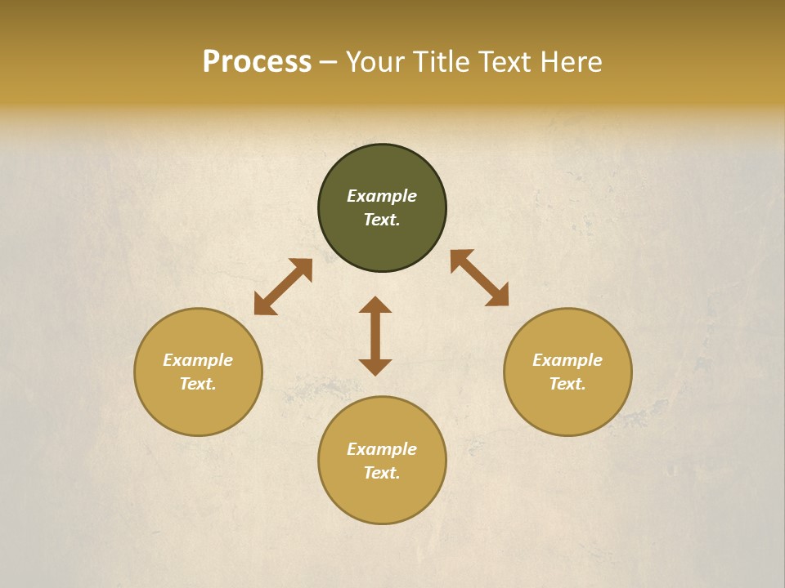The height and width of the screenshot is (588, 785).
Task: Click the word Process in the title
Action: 257,62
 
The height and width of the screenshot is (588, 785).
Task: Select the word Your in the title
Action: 375,62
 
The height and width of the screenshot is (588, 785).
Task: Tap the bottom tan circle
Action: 382,498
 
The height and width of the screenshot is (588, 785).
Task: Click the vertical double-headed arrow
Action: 375,336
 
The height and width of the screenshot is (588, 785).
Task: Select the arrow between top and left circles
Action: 283,287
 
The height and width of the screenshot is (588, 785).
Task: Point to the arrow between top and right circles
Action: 479,278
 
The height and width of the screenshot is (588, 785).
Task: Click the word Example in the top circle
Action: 382,196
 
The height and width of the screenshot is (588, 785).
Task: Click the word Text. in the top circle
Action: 382,220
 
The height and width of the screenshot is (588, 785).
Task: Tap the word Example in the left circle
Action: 198,360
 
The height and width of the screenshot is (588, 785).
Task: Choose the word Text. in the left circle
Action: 198,384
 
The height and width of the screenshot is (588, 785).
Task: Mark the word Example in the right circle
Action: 567,360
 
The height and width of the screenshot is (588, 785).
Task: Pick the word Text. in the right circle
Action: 567,384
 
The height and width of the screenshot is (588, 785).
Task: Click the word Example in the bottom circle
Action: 382,449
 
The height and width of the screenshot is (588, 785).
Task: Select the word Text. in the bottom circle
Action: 382,473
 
